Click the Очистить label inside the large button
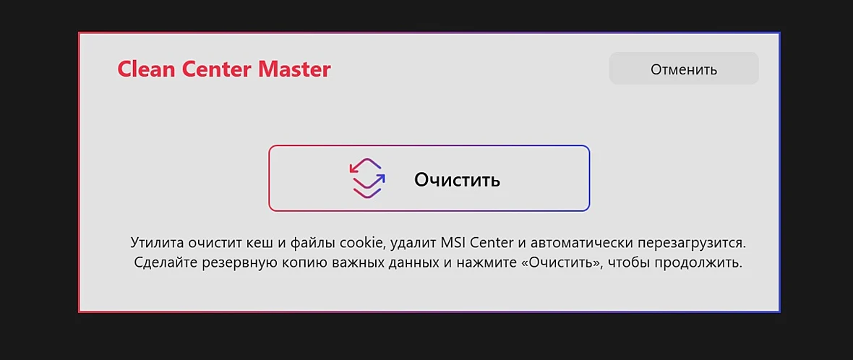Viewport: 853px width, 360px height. [x=457, y=179]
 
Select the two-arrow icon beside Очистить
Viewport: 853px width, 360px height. [x=367, y=178]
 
